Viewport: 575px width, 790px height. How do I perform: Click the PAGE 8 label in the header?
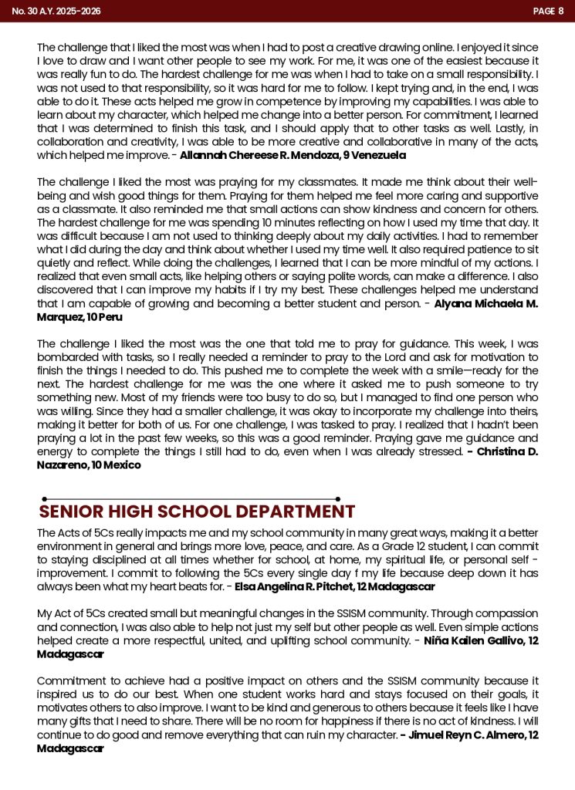click(548, 11)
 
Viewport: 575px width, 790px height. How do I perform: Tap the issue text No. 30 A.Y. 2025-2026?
click(56, 11)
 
